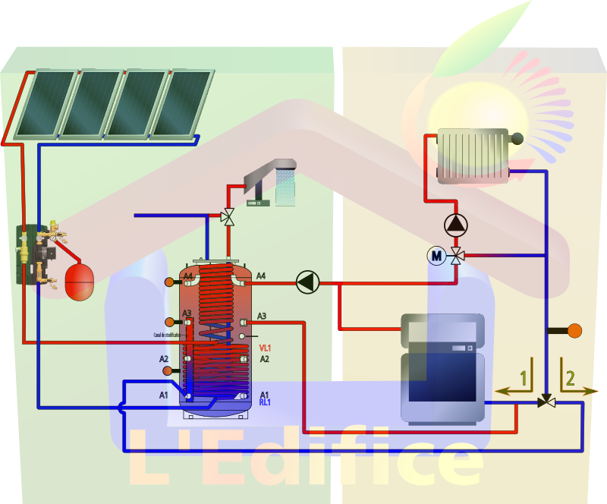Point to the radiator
click(473, 156)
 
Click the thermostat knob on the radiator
click(517, 138)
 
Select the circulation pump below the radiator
click(455, 225)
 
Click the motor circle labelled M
click(436, 257)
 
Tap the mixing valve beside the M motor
click(456, 256)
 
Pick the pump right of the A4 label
click(307, 282)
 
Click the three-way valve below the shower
click(227, 217)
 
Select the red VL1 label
click(265, 348)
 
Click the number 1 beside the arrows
click(523, 378)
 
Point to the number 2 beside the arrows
click(571, 378)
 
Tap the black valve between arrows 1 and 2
click(546, 402)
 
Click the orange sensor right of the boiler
click(574, 330)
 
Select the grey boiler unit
click(443, 367)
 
